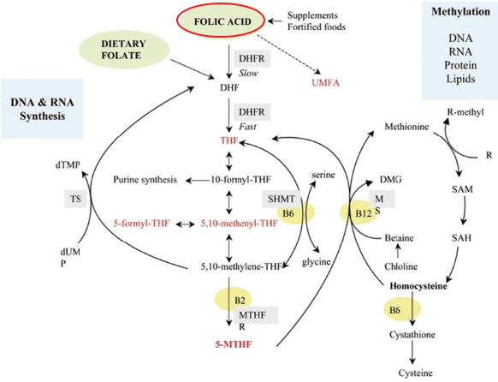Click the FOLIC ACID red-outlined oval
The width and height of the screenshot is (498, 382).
coord(221,21)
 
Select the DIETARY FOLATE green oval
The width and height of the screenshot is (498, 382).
coord(123,50)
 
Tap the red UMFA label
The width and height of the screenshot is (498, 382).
coord(325,83)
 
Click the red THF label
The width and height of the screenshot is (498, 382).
coord(229,140)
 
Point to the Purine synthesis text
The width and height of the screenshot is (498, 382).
coord(145,180)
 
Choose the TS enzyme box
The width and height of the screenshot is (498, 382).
coord(75,199)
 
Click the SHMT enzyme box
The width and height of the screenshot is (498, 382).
coord(281,199)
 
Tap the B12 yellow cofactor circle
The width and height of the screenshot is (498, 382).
coord(359,212)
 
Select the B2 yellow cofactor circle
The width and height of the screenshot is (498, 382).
coord(234,300)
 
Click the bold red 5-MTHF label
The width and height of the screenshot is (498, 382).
coord(234,344)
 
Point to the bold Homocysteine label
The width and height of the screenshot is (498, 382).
coord(418,286)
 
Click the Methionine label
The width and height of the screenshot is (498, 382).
coord(406,127)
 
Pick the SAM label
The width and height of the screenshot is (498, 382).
coord(462,189)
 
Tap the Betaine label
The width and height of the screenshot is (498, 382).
coord(399,238)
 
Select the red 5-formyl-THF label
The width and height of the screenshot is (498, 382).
coord(141,224)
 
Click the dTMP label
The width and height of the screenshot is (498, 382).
coord(68,164)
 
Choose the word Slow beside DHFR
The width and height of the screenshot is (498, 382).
coord(248,74)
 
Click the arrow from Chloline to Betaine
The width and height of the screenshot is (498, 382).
coord(397,252)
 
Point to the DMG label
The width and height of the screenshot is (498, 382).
coord(391,180)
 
